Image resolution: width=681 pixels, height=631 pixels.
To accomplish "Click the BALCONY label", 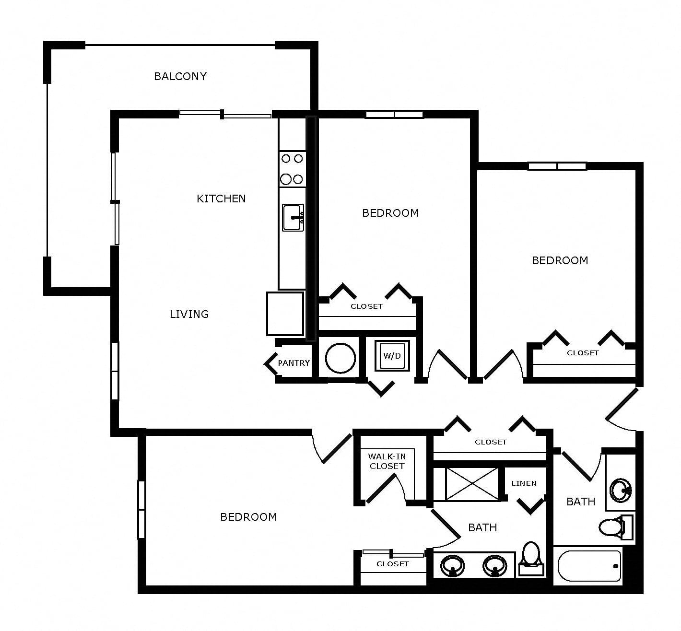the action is pos(180,76).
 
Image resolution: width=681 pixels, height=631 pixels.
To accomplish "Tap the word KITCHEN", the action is pos(221,199).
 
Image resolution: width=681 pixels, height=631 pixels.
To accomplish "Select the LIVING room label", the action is pos(189,314).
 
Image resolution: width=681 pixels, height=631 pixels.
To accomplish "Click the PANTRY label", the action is pos(294,363).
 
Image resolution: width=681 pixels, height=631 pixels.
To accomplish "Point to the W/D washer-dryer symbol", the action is pos(392,356).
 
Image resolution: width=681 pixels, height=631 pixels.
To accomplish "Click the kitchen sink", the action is pos(293,217).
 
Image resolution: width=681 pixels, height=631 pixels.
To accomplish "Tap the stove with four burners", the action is pos(293,169).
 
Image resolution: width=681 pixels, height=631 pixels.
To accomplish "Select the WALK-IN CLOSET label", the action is pos(387,461).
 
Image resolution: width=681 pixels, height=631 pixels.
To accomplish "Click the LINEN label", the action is pos(524,483).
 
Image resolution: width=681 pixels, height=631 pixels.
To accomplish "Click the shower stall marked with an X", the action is pos(471,484).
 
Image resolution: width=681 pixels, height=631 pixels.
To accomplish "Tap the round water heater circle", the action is pos(340,358).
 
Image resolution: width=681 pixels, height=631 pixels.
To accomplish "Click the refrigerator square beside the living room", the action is pos(285,314).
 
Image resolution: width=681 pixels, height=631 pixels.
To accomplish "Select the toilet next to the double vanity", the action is pos(531,559).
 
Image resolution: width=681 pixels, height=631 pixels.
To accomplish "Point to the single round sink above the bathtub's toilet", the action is pos(621,491).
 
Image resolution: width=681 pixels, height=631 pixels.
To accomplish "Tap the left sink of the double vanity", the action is pos(452,566).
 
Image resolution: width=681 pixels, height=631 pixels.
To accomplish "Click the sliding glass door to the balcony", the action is pos(225,114).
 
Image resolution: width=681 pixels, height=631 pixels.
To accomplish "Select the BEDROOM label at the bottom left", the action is pos(248,517).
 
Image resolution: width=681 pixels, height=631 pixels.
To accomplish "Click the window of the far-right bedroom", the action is pos(557,166).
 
